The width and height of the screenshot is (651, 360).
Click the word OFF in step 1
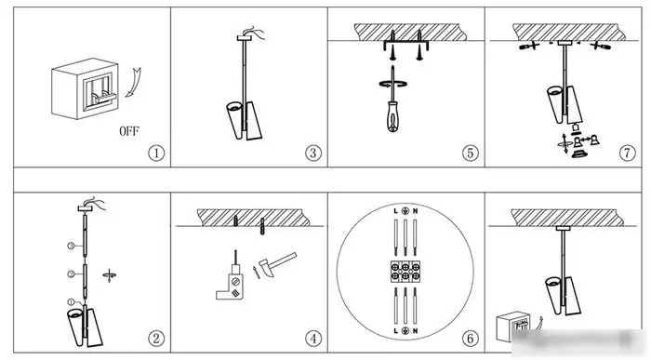pyautogui.click(x=129, y=131)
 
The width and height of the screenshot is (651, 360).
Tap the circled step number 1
pyautogui.click(x=156, y=153)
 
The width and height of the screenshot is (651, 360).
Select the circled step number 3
pyautogui.click(x=313, y=153)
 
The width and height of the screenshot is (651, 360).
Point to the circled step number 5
pyautogui.click(x=470, y=153)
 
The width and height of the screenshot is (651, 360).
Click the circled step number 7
pyautogui.click(x=627, y=153)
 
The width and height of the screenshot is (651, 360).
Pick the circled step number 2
pyautogui.click(x=156, y=339)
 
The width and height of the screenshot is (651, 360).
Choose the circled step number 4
pyautogui.click(x=313, y=339)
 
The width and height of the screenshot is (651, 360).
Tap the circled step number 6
pyautogui.click(x=470, y=339)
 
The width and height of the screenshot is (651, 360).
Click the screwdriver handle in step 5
pyautogui.click(x=392, y=117)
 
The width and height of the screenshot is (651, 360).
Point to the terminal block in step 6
pyautogui.click(x=405, y=272)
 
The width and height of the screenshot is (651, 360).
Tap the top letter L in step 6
pyautogui.click(x=395, y=211)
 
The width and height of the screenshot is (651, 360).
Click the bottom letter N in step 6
pyautogui.click(x=415, y=331)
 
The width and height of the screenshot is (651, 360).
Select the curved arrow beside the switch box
pyautogui.click(x=135, y=83)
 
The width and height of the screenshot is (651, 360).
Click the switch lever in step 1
pyautogui.click(x=104, y=98)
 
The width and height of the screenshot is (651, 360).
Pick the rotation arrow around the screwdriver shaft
pyautogui.click(x=392, y=85)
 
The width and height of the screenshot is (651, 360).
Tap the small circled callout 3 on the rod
pyautogui.click(x=71, y=246)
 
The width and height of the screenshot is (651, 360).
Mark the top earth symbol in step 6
pyautogui.click(x=405, y=211)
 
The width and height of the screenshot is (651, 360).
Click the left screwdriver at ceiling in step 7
pyautogui.click(x=529, y=46)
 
